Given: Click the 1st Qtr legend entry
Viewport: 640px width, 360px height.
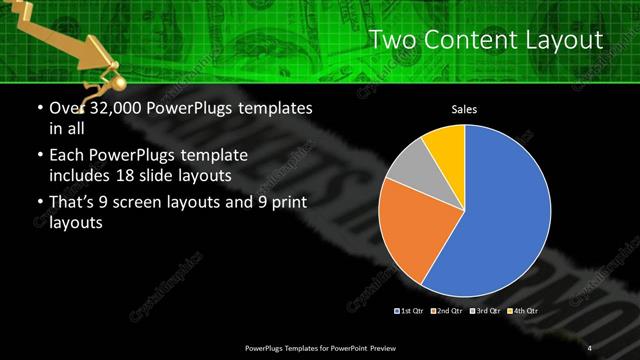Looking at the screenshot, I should click(411, 310).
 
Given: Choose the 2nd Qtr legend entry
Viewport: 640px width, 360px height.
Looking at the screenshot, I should click(447, 310).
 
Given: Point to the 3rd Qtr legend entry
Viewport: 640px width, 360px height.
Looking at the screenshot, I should click(485, 310).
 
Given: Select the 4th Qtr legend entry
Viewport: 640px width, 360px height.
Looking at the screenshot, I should click(523, 310).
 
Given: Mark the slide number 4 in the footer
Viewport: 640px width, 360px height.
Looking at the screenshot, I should click(589, 347).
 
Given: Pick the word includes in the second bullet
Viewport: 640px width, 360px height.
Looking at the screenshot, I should click(81, 174).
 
